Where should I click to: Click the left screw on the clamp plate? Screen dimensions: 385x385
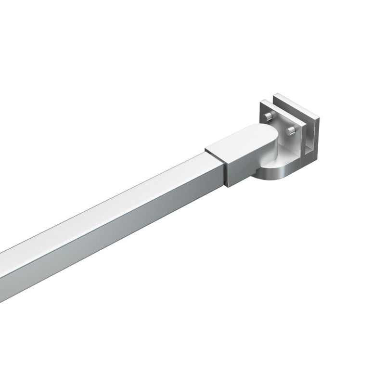[x=268, y=116]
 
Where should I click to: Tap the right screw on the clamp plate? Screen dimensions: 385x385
[x=291, y=130]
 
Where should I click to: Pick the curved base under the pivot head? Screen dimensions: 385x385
[x=274, y=173]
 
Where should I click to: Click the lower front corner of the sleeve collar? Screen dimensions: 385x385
[x=227, y=185]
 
